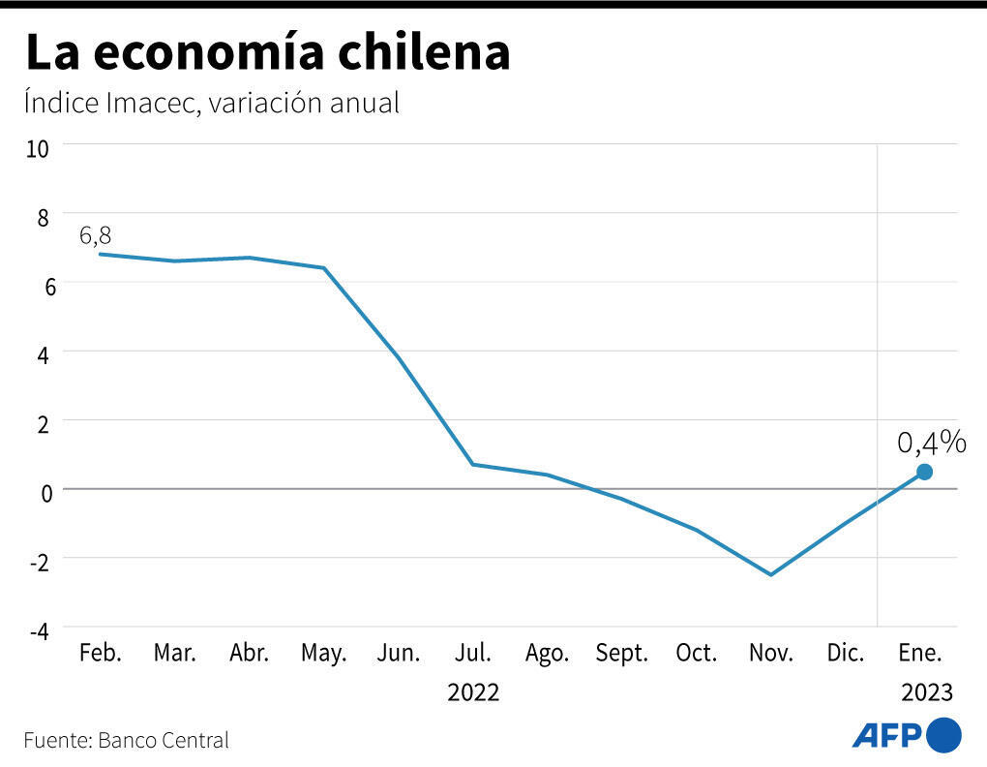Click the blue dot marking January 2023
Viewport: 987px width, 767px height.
pyautogui.click(x=924, y=472)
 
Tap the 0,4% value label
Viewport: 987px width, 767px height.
pyautogui.click(x=931, y=443)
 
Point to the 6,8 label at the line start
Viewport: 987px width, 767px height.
pyautogui.click(x=96, y=235)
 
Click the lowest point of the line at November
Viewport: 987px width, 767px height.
pyautogui.click(x=771, y=574)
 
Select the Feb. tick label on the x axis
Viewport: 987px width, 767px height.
pyautogui.click(x=101, y=653)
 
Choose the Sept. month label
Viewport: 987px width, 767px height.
pyautogui.click(x=621, y=653)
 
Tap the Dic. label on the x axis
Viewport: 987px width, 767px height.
pyautogui.click(x=846, y=653)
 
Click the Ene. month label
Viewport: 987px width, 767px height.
pyautogui.click(x=920, y=653)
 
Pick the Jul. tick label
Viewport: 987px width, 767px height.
pyautogui.click(x=473, y=653)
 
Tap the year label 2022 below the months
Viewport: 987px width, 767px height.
pyautogui.click(x=473, y=693)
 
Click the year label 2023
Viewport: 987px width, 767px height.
pyautogui.click(x=927, y=693)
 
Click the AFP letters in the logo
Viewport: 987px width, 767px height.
pyautogui.click(x=886, y=736)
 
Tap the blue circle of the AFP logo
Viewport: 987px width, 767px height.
pyautogui.click(x=944, y=735)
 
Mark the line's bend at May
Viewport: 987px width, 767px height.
pyautogui.click(x=324, y=268)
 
